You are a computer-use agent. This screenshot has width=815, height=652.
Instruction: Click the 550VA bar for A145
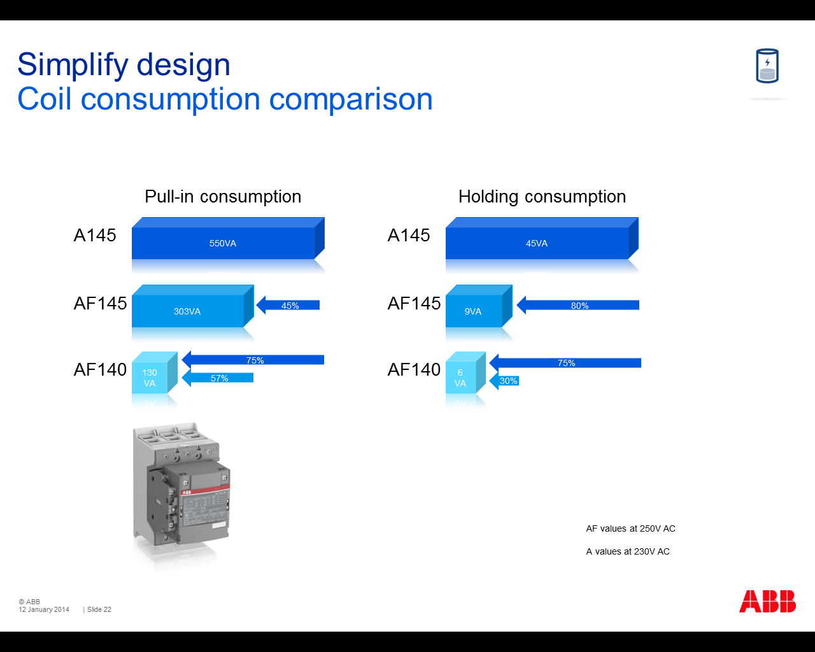pyautogui.click(x=228, y=238)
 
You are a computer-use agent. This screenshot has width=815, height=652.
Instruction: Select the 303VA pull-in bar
pyautogui.click(x=193, y=306)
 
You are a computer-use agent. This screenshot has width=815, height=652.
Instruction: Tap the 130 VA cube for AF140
pyautogui.click(x=155, y=372)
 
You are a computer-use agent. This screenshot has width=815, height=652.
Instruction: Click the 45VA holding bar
pyautogui.click(x=542, y=238)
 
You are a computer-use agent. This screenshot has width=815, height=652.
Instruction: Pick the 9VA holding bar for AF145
pyautogui.click(x=479, y=306)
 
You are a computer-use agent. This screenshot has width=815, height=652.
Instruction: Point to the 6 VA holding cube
pyautogui.click(x=465, y=372)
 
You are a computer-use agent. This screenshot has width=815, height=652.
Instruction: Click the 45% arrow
pyautogui.click(x=288, y=305)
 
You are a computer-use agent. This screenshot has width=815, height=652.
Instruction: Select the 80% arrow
pyautogui.click(x=578, y=305)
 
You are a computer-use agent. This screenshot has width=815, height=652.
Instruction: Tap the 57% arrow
pyautogui.click(x=217, y=378)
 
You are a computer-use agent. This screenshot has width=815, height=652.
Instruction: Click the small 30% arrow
pyautogui.click(x=504, y=381)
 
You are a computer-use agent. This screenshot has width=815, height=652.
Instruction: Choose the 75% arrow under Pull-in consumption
pyautogui.click(x=253, y=360)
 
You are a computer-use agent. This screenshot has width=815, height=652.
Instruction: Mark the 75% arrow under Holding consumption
pyautogui.click(x=565, y=362)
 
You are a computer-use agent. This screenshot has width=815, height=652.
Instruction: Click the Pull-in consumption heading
pyautogui.click(x=223, y=197)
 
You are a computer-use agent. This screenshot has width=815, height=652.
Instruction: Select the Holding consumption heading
pyautogui.click(x=542, y=197)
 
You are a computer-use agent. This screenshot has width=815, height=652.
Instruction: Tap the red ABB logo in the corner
pyautogui.click(x=767, y=601)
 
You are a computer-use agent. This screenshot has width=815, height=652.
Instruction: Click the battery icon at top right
pyautogui.click(x=767, y=66)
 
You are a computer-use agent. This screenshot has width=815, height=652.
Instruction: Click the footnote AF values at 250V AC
pyautogui.click(x=630, y=528)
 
